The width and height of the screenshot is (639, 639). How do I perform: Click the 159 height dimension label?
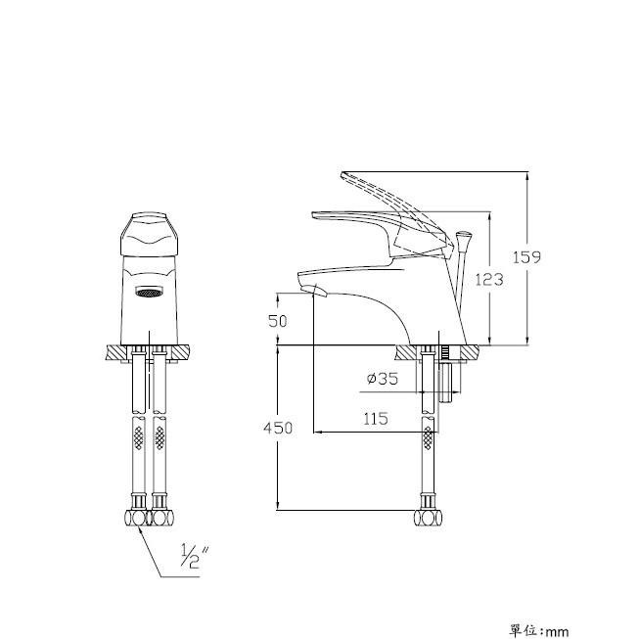[526, 257]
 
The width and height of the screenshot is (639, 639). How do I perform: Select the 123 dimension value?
[489, 280]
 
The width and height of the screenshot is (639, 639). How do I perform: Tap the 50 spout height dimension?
[278, 321]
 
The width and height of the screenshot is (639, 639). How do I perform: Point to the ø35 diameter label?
[382, 379]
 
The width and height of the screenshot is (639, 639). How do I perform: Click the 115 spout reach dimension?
[376, 419]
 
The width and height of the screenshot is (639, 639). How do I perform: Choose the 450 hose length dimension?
[278, 428]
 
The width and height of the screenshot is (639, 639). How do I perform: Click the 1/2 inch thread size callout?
[195, 556]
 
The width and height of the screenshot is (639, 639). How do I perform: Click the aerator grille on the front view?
[149, 292]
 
